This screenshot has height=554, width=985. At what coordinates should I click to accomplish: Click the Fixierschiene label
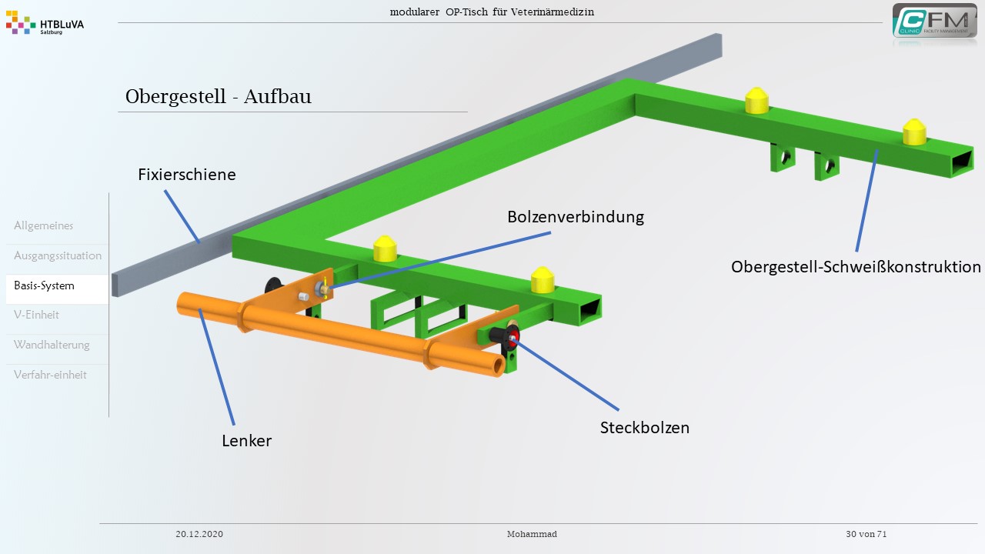(x=187, y=175)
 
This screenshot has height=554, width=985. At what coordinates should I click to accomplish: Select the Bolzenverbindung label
(x=575, y=217)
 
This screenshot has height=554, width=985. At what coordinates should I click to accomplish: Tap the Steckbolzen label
(x=644, y=428)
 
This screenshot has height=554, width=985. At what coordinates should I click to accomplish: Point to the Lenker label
(x=246, y=441)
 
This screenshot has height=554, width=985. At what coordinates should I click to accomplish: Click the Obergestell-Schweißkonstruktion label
(x=856, y=267)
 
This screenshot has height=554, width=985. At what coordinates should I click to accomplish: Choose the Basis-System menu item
(x=45, y=286)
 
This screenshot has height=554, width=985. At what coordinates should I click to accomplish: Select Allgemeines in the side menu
(x=44, y=226)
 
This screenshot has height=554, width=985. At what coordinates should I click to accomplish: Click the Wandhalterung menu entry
(x=52, y=345)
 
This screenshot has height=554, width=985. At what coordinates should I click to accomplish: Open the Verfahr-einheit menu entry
(x=50, y=375)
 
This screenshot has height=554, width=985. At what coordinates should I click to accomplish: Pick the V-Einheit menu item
(x=36, y=315)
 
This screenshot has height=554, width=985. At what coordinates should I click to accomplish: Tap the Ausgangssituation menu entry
(x=58, y=256)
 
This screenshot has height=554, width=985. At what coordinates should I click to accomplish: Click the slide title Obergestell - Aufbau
(x=219, y=97)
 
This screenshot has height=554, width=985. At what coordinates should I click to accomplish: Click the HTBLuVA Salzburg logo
(x=45, y=25)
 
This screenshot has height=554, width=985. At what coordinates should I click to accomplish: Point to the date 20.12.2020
(x=199, y=534)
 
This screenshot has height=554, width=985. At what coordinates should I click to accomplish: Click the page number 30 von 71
(x=866, y=534)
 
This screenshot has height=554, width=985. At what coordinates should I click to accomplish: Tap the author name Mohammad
(x=532, y=534)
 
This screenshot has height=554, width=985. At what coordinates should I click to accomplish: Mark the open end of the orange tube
(x=499, y=365)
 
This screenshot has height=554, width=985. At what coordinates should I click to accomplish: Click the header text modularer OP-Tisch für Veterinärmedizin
(x=492, y=12)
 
